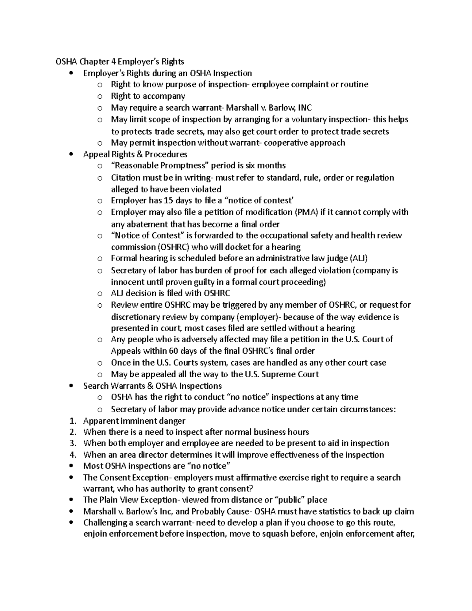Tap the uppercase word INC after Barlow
tap(305, 108)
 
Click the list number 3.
tap(72, 443)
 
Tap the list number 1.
tap(72, 421)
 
